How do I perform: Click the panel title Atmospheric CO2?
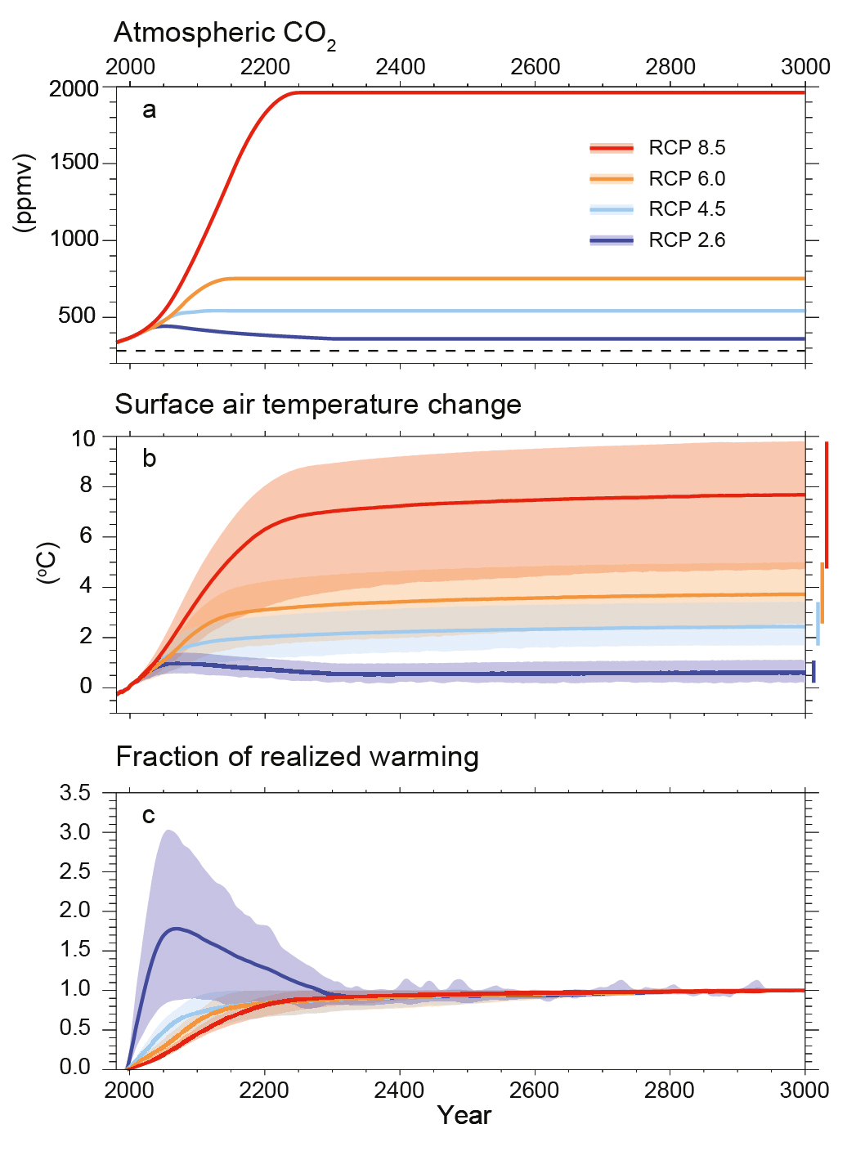pyautogui.click(x=224, y=34)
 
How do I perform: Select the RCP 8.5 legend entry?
pyautogui.click(x=657, y=148)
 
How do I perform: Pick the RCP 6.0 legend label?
pyautogui.click(x=687, y=179)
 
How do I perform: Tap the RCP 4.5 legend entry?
pyautogui.click(x=657, y=209)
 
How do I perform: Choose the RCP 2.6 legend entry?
pyautogui.click(x=657, y=240)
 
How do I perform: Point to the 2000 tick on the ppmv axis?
pyautogui.click(x=74, y=88)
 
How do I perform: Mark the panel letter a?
pyautogui.click(x=149, y=110)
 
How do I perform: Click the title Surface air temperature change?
pyautogui.click(x=318, y=405)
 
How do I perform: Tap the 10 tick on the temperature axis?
pyautogui.click(x=83, y=438)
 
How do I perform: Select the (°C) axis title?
pyautogui.click(x=48, y=562)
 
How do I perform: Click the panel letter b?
pyautogui.click(x=149, y=459)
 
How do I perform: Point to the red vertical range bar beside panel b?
pyautogui.click(x=827, y=504)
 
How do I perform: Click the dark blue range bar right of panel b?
pyautogui.click(x=813, y=671)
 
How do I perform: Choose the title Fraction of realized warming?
pyautogui.click(x=297, y=757)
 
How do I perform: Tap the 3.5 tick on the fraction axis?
pyautogui.click(x=76, y=793)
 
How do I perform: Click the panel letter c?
pyautogui.click(x=148, y=815)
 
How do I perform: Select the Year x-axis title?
pyautogui.click(x=464, y=1116)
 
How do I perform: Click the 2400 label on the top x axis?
pyautogui.click(x=401, y=67)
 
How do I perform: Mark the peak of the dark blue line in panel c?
pyautogui.click(x=175, y=928)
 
